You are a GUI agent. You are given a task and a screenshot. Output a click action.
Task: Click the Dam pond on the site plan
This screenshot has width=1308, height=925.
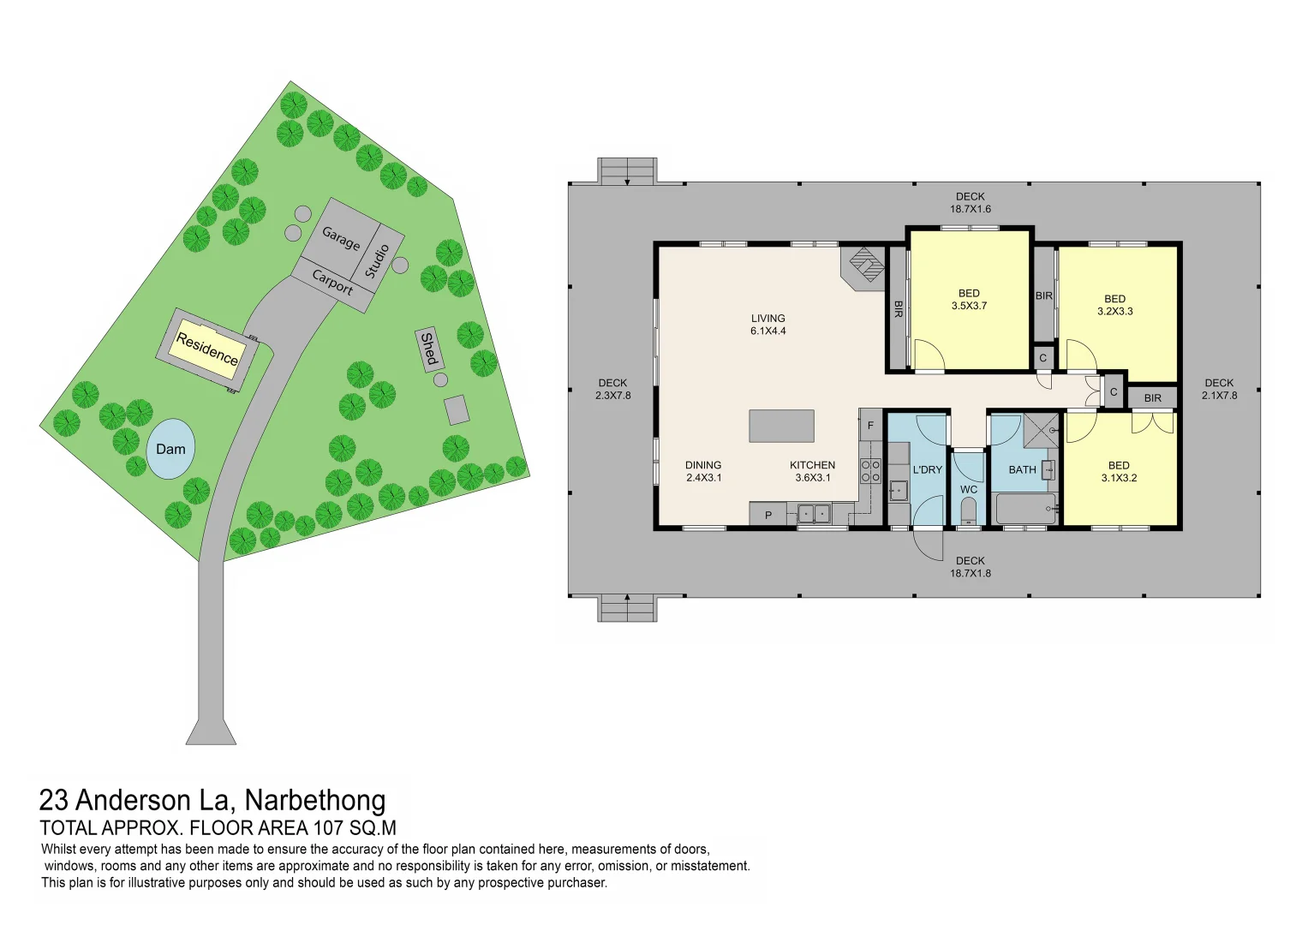point(170,449)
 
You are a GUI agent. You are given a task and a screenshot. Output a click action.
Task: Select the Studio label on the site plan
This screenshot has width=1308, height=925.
point(378,260)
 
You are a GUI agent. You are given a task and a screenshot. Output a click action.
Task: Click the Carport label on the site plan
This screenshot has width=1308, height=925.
point(332,283)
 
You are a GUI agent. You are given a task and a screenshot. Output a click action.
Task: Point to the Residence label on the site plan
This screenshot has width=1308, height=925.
point(207,349)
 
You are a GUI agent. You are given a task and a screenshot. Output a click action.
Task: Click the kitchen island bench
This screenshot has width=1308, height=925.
point(781,426)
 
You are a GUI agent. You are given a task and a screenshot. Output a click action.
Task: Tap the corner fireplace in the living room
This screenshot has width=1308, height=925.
point(866,265)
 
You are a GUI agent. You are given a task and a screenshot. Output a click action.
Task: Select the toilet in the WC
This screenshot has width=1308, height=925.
point(969,513)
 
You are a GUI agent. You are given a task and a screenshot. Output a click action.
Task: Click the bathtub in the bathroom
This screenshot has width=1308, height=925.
point(1025,510)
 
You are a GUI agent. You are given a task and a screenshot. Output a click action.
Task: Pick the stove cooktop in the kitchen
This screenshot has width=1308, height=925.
point(870,471)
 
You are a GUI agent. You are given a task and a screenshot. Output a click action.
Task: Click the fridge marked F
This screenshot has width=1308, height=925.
point(871,425)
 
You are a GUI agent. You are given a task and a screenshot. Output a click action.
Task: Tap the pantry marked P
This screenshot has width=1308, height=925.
point(768,515)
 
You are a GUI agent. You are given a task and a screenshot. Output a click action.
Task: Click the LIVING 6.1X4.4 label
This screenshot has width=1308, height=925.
point(768,325)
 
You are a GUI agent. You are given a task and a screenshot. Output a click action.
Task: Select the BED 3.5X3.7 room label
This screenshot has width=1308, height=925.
point(969,300)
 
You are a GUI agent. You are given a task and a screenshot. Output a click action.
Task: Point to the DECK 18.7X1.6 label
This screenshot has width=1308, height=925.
point(970,203)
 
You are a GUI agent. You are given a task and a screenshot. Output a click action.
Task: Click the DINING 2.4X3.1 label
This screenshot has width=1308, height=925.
point(703,472)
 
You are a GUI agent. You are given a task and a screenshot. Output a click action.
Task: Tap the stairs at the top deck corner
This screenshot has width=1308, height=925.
point(627,170)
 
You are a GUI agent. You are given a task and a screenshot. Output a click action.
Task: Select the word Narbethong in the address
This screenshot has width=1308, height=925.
point(315,800)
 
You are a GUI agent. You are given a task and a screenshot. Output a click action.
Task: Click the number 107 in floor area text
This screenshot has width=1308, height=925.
point(329,828)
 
